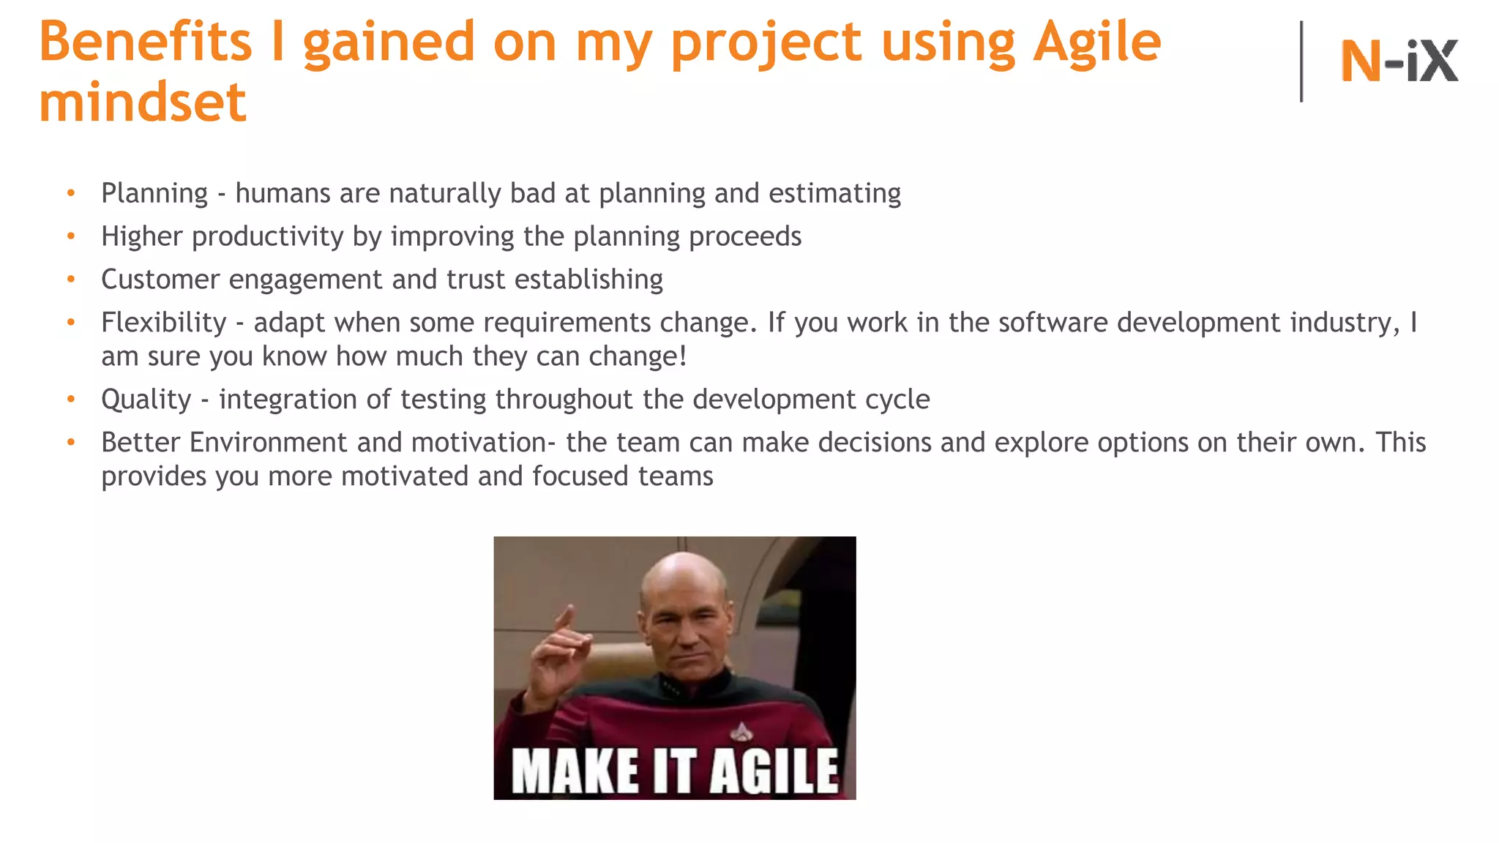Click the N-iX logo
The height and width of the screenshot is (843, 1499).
tap(1399, 61)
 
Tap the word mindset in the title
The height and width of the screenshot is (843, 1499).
tap(143, 102)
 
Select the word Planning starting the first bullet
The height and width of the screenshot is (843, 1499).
tap(154, 194)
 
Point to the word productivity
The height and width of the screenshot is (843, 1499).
tap(267, 237)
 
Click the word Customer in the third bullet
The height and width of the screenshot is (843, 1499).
tap(160, 280)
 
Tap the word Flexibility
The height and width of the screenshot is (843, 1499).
tap(164, 323)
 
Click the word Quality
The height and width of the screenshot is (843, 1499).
tap(146, 400)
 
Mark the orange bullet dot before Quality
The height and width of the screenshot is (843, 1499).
tap(71, 400)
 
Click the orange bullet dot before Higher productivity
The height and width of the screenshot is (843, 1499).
tap(71, 236)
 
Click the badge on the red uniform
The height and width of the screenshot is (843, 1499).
tap(741, 730)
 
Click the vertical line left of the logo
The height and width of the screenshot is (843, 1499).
tap(1301, 61)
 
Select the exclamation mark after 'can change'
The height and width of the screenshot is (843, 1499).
tap(683, 356)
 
